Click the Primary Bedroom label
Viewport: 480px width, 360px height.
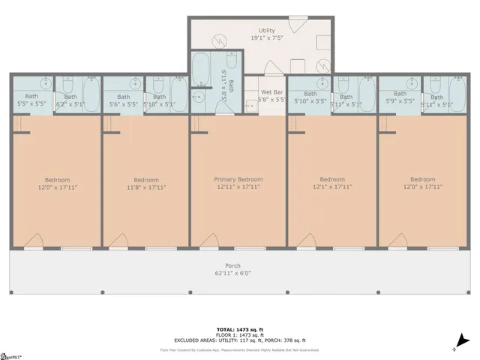[x=238, y=179]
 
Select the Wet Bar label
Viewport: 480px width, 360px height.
[x=271, y=91]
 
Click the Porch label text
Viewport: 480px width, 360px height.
[x=233, y=266]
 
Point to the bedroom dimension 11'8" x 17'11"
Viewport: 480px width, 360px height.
[x=146, y=187]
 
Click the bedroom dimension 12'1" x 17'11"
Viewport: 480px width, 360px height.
[x=331, y=187]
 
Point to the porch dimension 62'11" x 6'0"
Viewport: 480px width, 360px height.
[x=233, y=274]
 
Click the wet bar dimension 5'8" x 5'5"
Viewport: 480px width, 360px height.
[x=271, y=99]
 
